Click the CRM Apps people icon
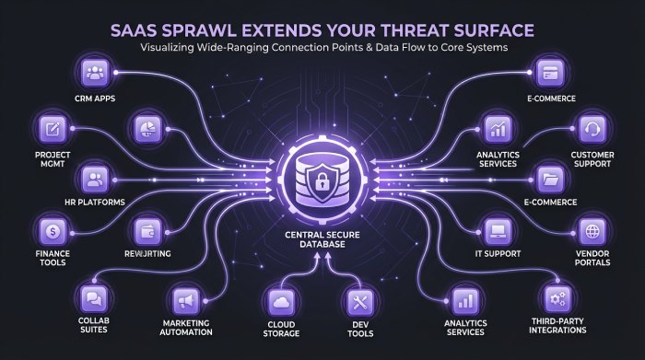tap(96, 71)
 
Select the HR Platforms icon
tap(95, 177)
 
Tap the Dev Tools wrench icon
tap(358, 299)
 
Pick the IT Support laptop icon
tap(497, 229)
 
